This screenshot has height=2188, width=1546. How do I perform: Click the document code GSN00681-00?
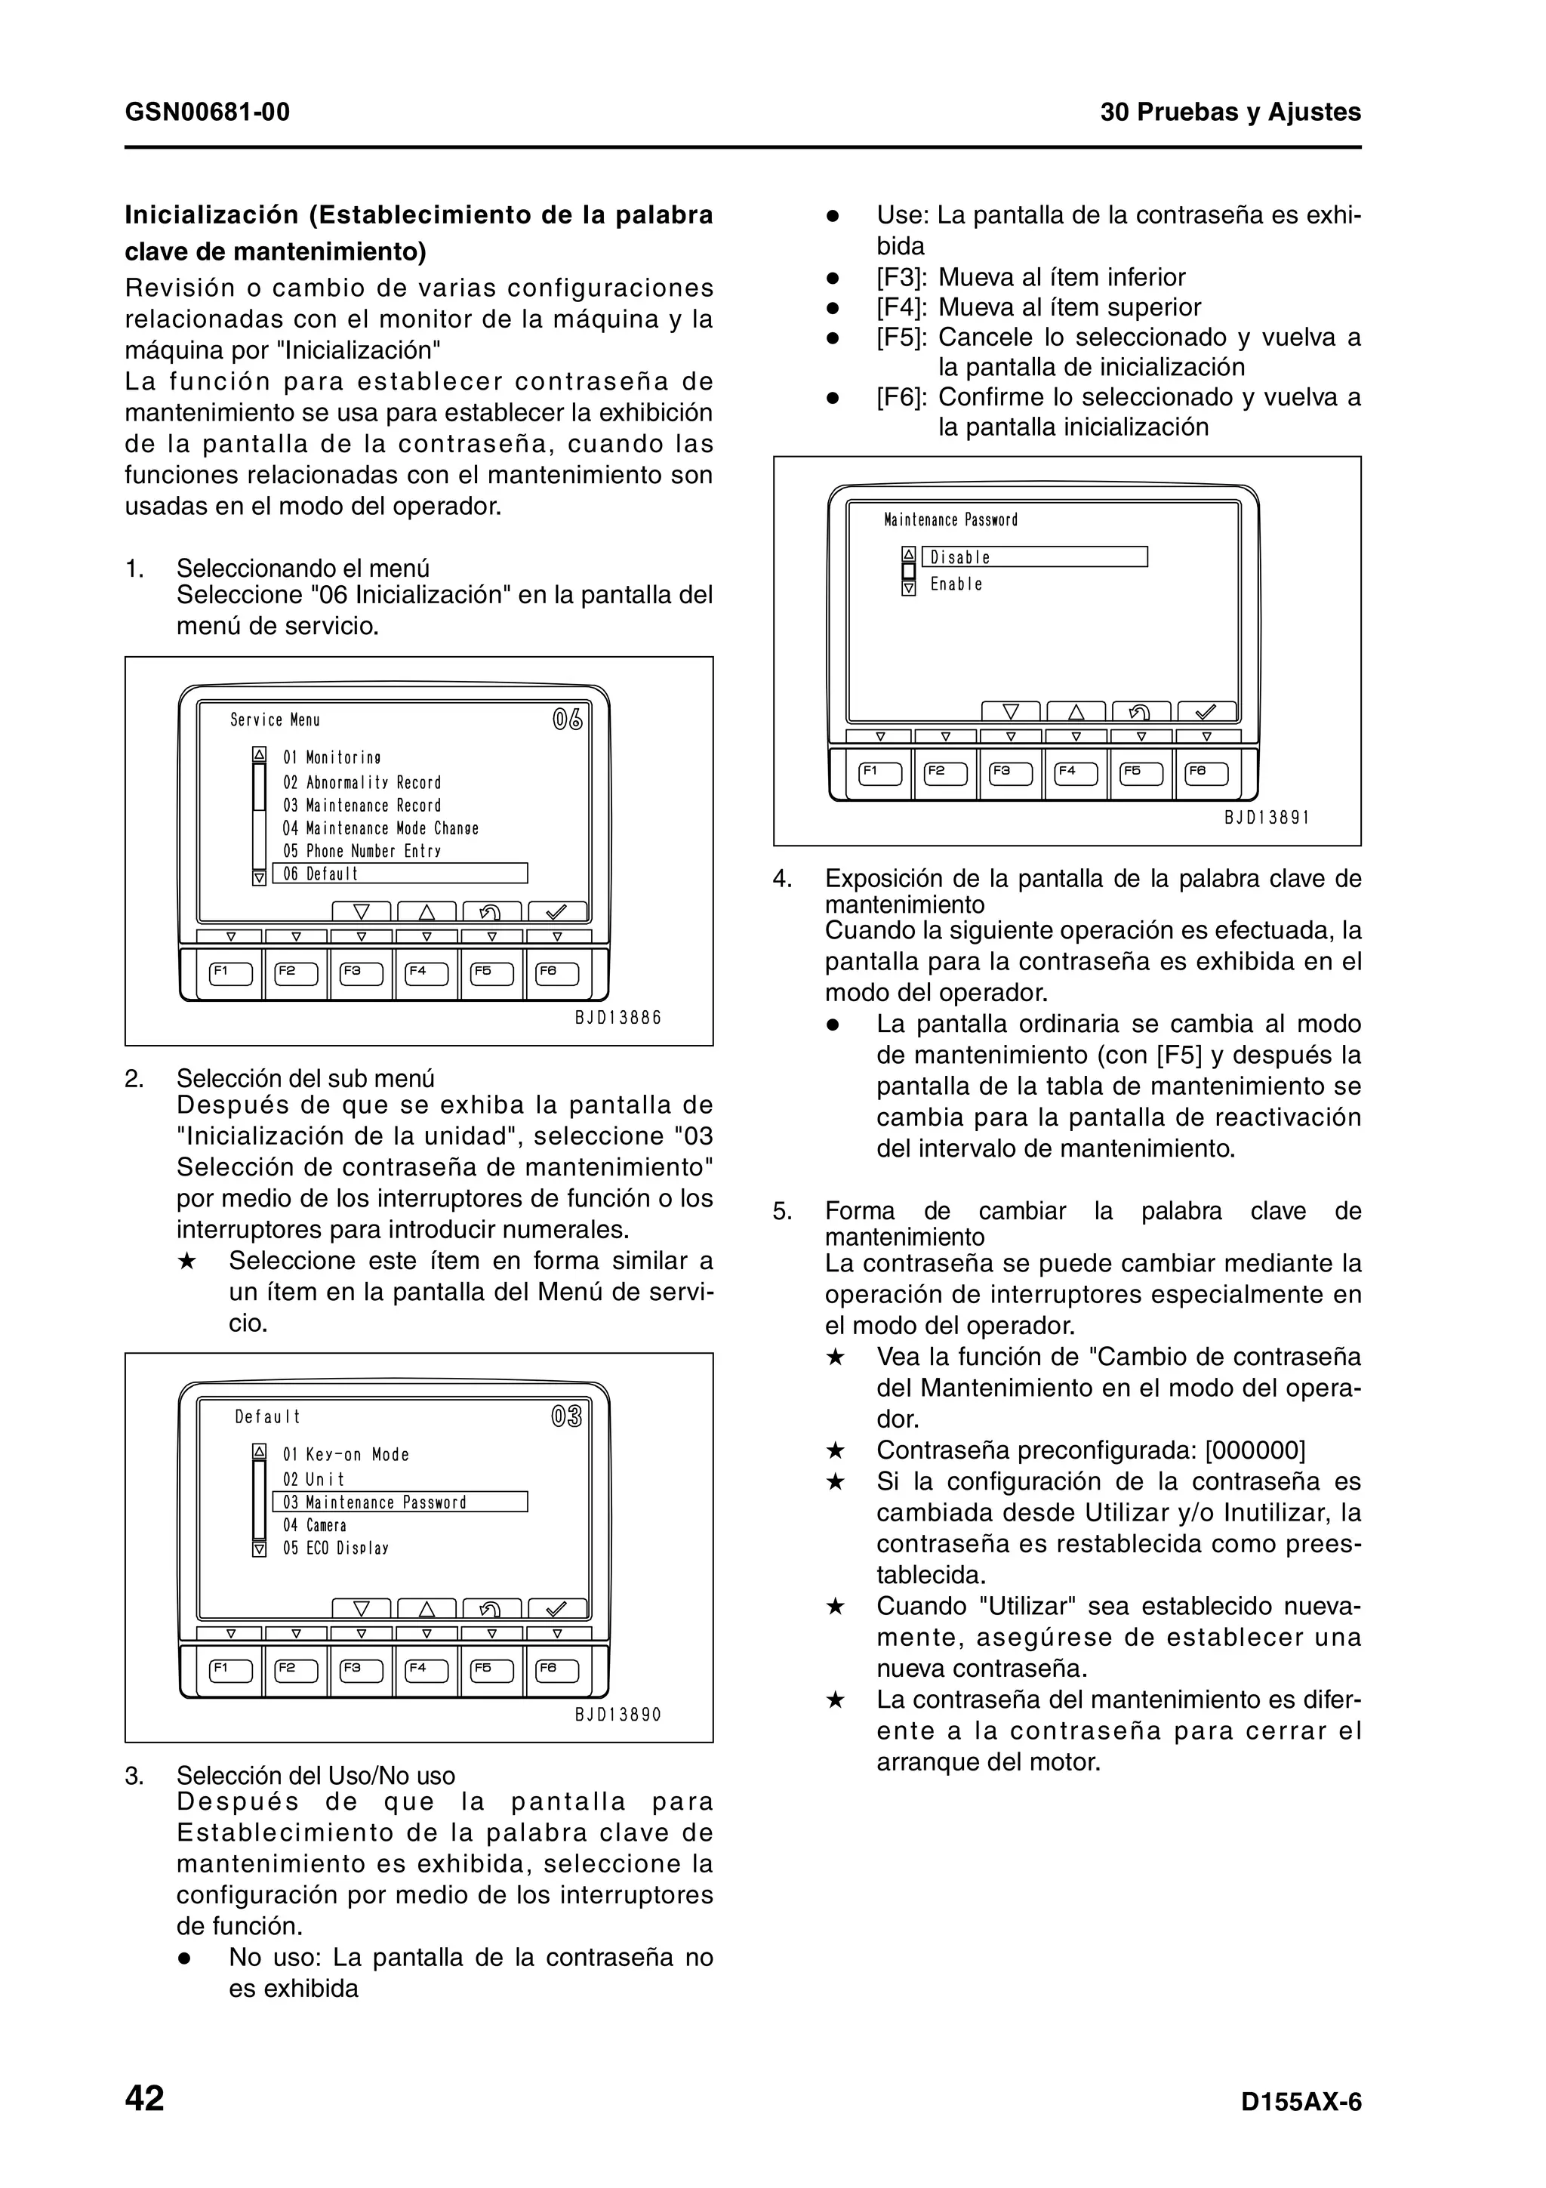208,112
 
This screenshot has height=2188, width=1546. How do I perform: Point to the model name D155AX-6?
1301,2102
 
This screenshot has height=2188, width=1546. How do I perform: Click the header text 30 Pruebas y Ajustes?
1230,112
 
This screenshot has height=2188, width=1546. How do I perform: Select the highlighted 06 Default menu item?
400,874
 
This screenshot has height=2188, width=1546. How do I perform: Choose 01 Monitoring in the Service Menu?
331,757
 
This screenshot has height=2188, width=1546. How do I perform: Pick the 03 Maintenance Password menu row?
400,1502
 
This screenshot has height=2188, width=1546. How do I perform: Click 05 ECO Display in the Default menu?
335,1549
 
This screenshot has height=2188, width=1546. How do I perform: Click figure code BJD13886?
618,1018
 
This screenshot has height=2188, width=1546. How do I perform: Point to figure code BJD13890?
618,1715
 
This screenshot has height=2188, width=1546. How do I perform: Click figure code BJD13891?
1267,818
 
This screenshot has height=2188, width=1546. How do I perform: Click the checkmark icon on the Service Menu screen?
557,912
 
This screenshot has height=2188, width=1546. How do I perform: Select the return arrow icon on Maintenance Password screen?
1140,712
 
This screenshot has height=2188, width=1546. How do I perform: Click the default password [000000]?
1255,1450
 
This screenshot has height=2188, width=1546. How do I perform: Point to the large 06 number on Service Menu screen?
568,720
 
